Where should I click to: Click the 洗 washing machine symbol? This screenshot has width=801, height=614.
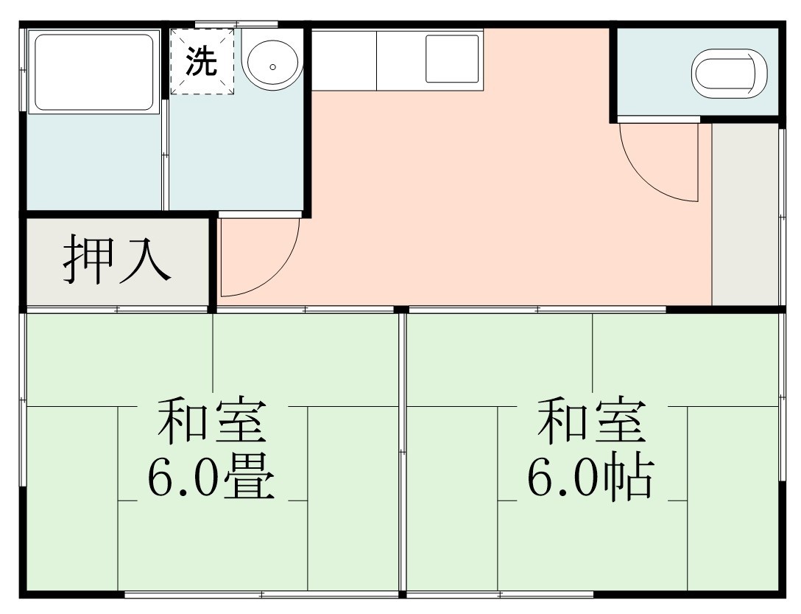[x=202, y=62]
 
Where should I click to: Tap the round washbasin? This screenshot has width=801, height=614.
[x=272, y=64]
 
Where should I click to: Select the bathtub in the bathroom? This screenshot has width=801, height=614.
[x=93, y=72]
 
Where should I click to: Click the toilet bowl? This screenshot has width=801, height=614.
[x=730, y=74]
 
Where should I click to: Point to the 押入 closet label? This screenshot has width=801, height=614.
[x=117, y=261]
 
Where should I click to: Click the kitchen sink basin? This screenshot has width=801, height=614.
[x=452, y=58]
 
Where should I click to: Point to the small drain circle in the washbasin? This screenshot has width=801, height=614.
[x=272, y=66]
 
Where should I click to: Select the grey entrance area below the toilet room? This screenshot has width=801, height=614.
[x=745, y=214]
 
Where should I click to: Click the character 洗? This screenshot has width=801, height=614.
[x=201, y=62]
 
